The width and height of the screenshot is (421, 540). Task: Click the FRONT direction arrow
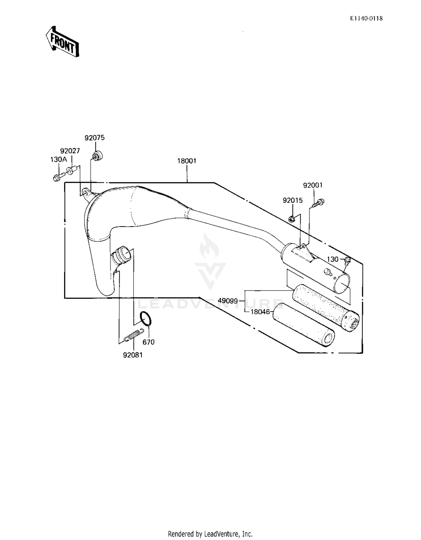pyautogui.click(x=62, y=42)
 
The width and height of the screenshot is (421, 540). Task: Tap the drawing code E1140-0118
pyautogui.click(x=366, y=19)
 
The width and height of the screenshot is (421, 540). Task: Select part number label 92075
pyautogui.click(x=95, y=138)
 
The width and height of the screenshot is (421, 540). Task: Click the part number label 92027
pyautogui.click(x=70, y=151)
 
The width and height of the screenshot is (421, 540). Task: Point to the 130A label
pyautogui.click(x=59, y=160)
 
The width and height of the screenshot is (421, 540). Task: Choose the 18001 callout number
pyautogui.click(x=187, y=161)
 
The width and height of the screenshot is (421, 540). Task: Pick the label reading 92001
pyautogui.click(x=313, y=185)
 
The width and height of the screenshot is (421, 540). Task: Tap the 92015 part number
pyautogui.click(x=293, y=200)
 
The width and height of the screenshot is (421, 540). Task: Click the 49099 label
pyautogui.click(x=228, y=301)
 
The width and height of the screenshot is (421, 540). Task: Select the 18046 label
pyautogui.click(x=260, y=312)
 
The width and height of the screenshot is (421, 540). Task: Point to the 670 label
pyautogui.click(x=148, y=342)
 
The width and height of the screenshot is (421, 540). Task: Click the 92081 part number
pyautogui.click(x=133, y=355)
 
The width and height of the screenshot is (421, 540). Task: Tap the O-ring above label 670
pyautogui.click(x=146, y=319)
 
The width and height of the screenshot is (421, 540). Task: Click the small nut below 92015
pyautogui.click(x=292, y=219)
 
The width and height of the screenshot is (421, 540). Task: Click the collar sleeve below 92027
pyautogui.click(x=72, y=170)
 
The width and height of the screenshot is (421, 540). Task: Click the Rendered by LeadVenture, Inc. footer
pyautogui.click(x=210, y=534)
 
